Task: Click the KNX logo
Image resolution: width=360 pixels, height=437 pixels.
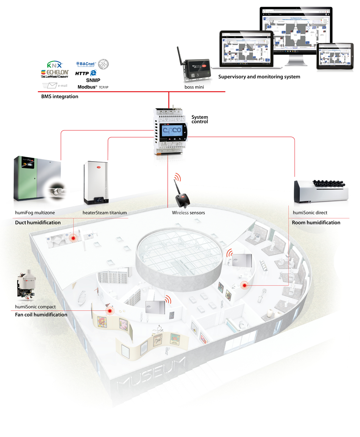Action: tap(55, 65)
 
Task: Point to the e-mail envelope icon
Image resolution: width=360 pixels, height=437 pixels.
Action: tap(49, 85)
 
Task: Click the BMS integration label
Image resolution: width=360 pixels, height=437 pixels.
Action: tap(59, 96)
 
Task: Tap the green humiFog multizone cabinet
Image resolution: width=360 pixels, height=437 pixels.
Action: tap(36, 178)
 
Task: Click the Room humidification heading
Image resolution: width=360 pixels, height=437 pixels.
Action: tap(316, 223)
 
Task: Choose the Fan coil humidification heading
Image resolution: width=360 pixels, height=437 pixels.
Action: tap(41, 314)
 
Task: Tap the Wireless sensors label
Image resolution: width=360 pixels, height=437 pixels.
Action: tap(188, 213)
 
